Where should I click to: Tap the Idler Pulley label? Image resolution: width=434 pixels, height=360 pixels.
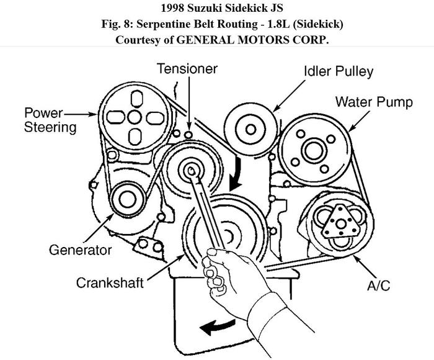coord(338,71)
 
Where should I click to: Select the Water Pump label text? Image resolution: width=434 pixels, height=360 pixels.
coord(374,101)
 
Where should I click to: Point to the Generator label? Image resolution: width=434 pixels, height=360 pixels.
coord(81,250)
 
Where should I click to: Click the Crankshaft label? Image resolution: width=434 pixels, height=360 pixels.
coord(110,282)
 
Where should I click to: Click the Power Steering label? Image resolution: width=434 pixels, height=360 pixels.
coord(51,120)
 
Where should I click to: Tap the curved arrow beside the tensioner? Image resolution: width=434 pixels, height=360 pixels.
coord(236,174)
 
